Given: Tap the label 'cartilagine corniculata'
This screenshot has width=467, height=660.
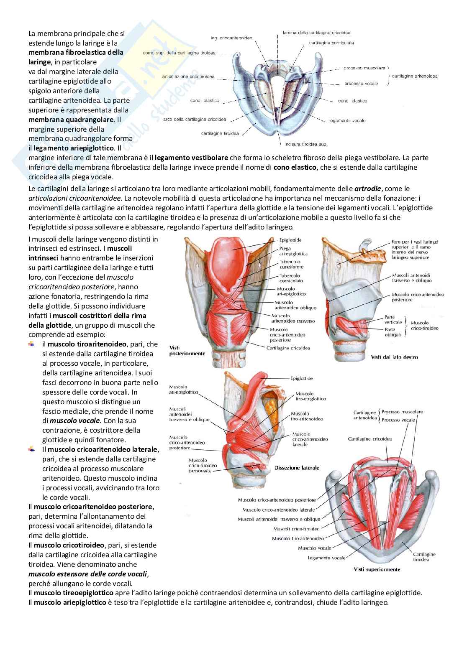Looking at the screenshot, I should (x=331, y=43).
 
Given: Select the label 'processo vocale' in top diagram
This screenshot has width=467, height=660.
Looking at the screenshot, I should (x=361, y=84).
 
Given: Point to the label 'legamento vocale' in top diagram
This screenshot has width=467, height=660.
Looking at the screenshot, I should (x=347, y=121).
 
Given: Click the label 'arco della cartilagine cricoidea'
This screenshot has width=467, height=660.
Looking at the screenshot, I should (x=195, y=120).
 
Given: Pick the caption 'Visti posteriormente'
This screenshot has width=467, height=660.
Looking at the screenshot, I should (x=187, y=350).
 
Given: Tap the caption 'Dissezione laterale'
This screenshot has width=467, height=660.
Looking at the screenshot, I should (x=297, y=468).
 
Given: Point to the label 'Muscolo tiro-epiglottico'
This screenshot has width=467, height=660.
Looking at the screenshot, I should (x=310, y=396).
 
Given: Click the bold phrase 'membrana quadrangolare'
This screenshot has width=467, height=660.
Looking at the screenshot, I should (x=71, y=120).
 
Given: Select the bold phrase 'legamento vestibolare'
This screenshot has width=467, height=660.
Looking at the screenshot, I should (x=191, y=158).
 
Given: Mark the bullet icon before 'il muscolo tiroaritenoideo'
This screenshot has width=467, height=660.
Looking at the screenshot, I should (x=32, y=344).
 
